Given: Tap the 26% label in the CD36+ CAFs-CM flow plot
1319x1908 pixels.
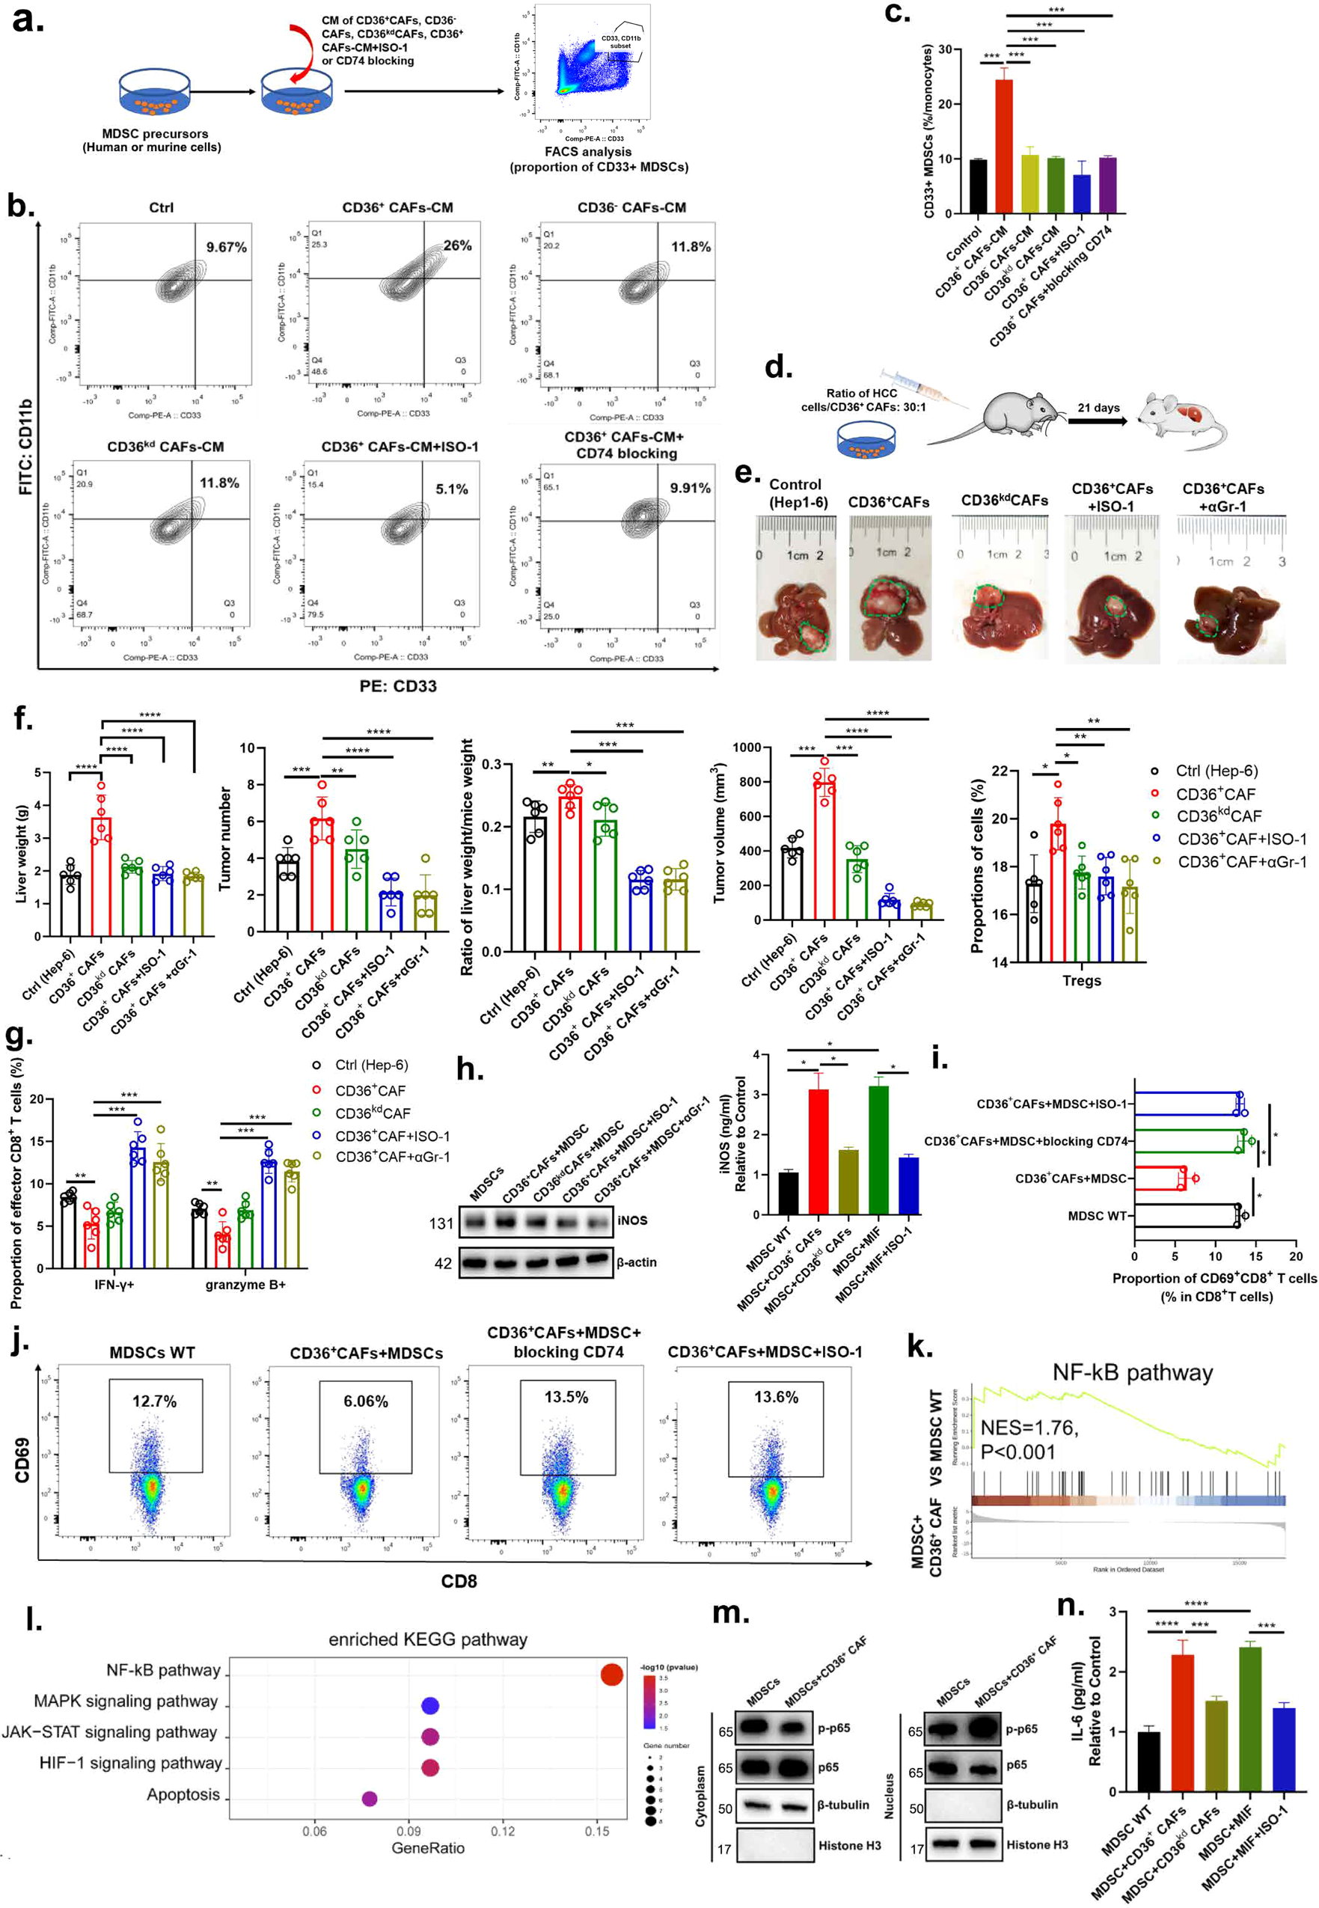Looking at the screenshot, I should click(457, 245).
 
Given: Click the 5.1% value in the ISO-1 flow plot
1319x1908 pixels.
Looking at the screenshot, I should click(451, 489).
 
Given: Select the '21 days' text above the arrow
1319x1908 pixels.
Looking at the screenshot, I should click(1098, 407).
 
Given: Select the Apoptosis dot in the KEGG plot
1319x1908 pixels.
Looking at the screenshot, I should click(370, 1798).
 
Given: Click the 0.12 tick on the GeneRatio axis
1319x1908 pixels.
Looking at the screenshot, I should click(503, 1831).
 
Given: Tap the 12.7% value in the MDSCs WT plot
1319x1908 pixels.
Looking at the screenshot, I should click(155, 1401).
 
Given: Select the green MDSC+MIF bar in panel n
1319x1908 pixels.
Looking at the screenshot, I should click(1249, 1719).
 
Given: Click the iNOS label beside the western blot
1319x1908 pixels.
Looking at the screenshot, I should click(632, 1220).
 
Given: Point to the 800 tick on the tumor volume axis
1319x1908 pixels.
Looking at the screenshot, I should click(747, 782).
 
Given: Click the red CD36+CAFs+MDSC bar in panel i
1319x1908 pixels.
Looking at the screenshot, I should click(1160, 1178).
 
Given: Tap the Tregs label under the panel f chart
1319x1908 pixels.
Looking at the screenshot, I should click(1081, 981).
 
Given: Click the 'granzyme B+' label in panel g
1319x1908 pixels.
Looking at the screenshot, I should click(245, 1284).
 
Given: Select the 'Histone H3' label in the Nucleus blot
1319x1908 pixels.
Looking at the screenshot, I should click(1036, 1844).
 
